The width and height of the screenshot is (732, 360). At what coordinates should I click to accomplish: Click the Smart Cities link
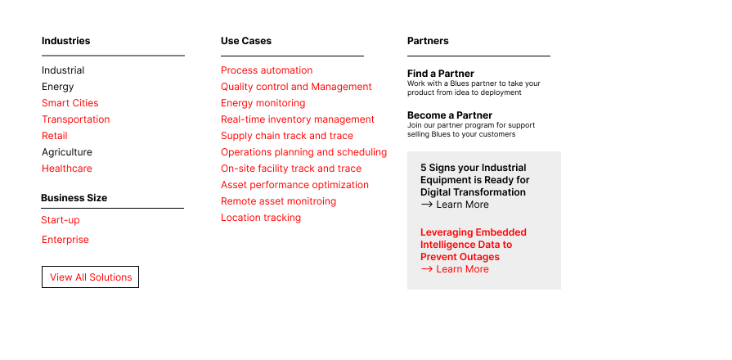tap(70, 103)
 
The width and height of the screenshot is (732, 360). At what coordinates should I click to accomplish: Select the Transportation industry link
tap(75, 119)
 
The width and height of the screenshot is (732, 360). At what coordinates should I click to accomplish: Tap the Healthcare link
tap(67, 169)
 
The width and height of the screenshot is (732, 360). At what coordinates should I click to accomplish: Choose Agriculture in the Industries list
tap(67, 152)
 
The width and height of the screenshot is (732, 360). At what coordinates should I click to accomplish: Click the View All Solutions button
tap(90, 277)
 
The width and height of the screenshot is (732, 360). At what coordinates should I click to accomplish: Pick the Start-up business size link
tap(61, 220)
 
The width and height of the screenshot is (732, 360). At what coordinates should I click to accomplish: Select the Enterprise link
tap(65, 240)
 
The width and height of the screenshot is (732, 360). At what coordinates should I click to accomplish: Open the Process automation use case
tap(267, 70)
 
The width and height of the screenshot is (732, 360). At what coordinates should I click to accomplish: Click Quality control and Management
tap(296, 87)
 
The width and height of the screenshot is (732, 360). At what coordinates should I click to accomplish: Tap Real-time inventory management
tap(298, 119)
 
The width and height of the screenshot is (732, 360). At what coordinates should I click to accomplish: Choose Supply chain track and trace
tap(287, 136)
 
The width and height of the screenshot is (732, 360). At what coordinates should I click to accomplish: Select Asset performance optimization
tap(294, 185)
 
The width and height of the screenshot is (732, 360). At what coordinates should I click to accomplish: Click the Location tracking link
tap(261, 218)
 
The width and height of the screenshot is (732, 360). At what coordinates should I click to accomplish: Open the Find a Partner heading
tap(441, 74)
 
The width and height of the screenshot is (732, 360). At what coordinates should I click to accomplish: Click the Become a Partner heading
tap(450, 115)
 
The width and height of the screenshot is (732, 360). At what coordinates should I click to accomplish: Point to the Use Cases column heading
tap(246, 41)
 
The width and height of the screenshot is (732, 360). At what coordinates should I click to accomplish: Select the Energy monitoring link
tap(263, 103)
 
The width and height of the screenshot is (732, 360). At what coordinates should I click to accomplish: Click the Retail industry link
tap(55, 136)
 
